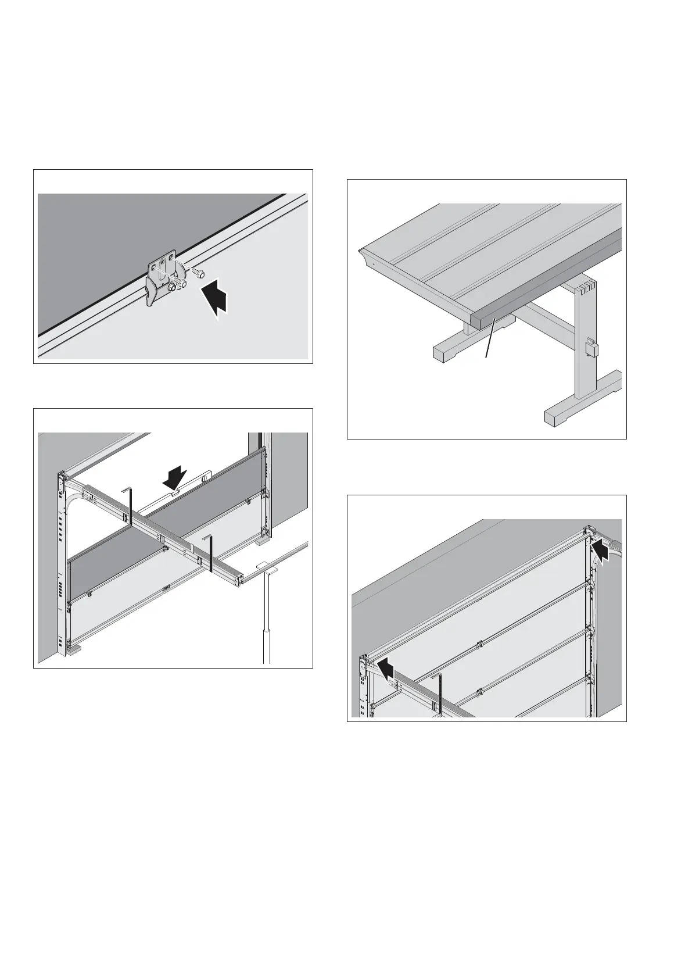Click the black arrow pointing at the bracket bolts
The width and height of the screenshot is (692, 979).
(x=216, y=298)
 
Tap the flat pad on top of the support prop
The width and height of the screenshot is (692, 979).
(x=264, y=565)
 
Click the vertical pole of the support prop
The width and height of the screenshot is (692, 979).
(x=267, y=616)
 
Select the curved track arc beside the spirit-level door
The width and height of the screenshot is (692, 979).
(x=74, y=506)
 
